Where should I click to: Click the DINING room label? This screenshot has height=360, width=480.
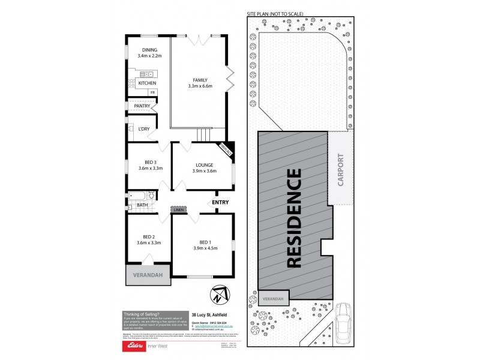[x=149, y=49]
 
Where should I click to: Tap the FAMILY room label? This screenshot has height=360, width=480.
[x=200, y=80]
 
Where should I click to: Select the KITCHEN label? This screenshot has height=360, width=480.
[x=148, y=83]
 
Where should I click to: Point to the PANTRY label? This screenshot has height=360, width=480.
[x=142, y=106]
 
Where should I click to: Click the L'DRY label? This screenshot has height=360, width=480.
[x=144, y=129]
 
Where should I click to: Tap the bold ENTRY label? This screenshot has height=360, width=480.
[x=220, y=203]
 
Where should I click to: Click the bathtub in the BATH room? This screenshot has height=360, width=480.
[x=138, y=196]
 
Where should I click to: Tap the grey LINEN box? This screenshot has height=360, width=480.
[x=179, y=209]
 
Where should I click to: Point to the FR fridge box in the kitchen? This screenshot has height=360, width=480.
[x=152, y=92]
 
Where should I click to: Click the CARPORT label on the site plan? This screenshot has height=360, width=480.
[x=341, y=170]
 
